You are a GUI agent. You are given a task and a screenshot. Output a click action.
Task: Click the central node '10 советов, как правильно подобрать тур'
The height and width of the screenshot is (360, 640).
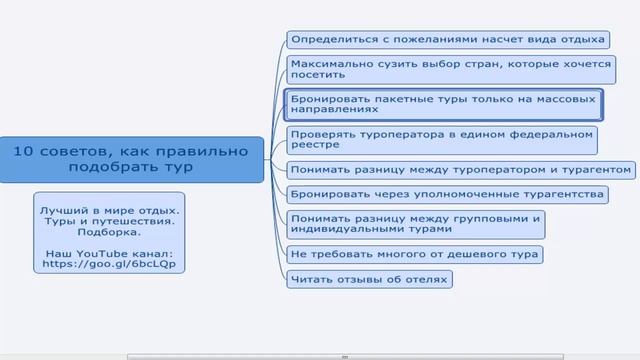(131, 159)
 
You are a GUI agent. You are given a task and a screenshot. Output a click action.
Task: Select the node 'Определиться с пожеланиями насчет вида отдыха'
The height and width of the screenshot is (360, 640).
(447, 40)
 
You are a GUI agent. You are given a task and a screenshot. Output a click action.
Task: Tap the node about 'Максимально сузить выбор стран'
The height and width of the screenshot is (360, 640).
(450, 68)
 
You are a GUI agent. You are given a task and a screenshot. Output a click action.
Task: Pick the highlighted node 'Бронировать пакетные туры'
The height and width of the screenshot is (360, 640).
(442, 103)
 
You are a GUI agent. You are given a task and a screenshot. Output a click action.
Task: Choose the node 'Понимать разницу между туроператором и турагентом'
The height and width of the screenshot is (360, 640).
(461, 169)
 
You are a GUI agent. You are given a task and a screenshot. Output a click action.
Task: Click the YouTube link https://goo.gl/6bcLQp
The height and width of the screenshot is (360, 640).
(110, 266)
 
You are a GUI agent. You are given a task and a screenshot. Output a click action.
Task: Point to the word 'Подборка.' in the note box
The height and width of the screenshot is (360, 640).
(110, 231)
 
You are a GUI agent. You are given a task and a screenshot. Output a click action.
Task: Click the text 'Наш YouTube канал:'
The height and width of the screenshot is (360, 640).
(110, 254)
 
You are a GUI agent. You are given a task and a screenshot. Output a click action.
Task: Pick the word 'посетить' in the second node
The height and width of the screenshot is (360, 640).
(318, 75)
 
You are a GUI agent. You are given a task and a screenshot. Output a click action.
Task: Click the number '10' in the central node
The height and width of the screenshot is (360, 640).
(26, 151)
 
